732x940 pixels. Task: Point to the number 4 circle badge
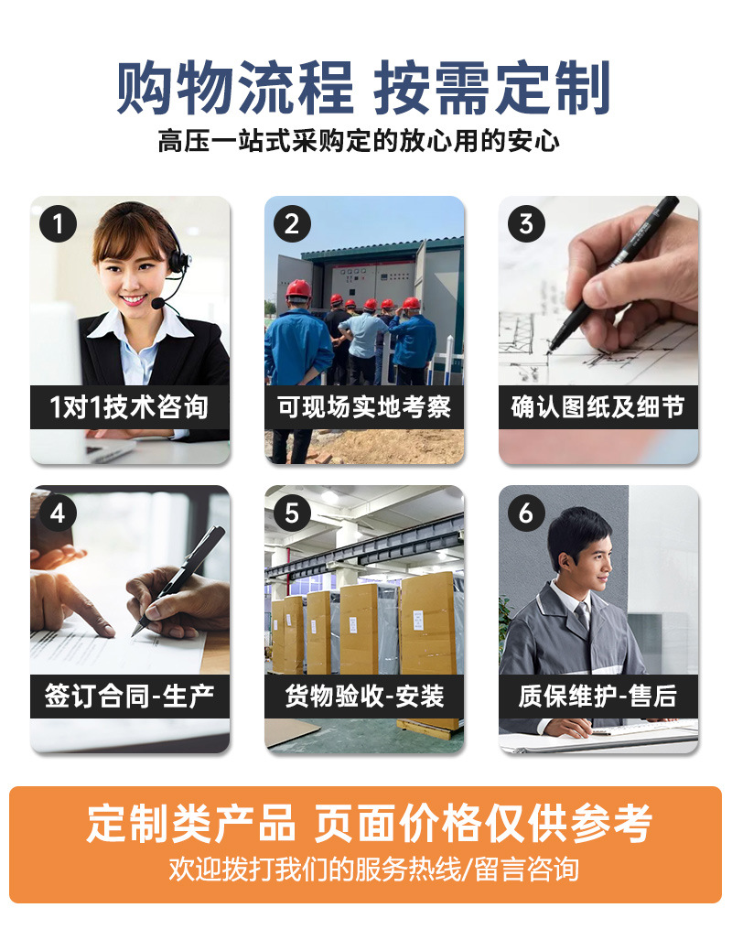point(58,513)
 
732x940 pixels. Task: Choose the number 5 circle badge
point(292,513)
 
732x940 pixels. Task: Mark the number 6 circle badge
point(526,513)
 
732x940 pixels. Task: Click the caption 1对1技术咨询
point(130,407)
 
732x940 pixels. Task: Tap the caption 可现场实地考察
point(364,407)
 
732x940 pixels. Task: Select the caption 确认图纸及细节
point(598,407)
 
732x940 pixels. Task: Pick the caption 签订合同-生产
point(130,697)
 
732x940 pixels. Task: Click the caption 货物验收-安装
point(364,697)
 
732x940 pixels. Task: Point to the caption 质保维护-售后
point(598,697)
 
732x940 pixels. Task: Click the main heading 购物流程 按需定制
point(364,89)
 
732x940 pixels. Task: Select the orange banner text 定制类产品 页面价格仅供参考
point(370,823)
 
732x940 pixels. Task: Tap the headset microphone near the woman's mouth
point(158,303)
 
